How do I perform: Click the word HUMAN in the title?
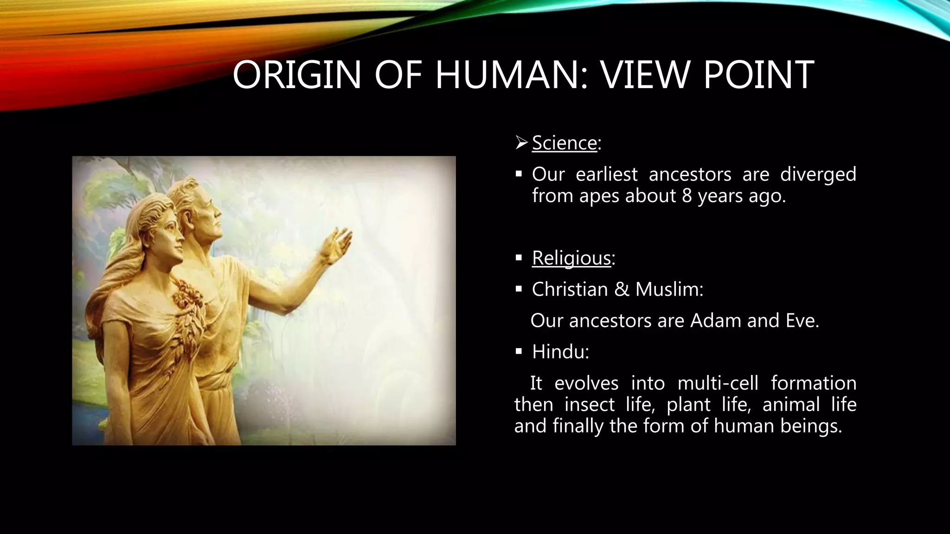point(507,75)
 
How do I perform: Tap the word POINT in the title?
point(759,75)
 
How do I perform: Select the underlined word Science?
point(564,143)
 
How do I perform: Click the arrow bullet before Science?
point(521,143)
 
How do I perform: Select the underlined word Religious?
point(571,258)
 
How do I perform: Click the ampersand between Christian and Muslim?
point(622,289)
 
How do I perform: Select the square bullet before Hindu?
point(519,351)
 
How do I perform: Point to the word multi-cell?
point(718,383)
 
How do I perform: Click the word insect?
point(589,405)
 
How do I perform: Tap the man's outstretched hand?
point(338,244)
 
